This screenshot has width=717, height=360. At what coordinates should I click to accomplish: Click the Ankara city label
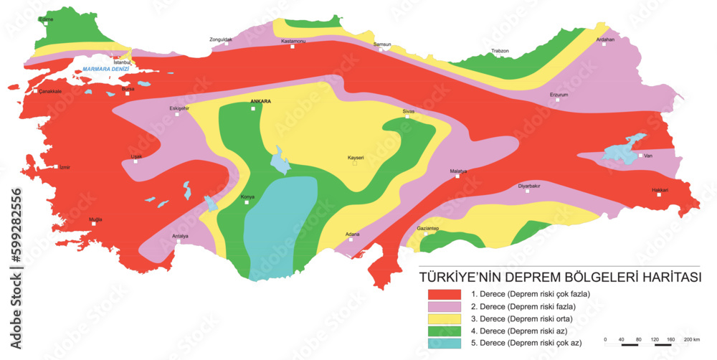tap(260, 102)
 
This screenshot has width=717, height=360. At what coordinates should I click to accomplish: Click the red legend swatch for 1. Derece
tap(445, 293)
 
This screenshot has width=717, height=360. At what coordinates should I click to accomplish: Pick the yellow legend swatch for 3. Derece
tap(445, 318)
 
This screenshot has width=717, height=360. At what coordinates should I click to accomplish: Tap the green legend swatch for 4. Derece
tap(445, 330)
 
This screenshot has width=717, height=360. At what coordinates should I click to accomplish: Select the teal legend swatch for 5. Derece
tap(445, 343)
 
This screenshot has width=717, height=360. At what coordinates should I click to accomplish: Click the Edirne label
tap(46, 18)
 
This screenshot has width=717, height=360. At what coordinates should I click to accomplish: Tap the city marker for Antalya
tap(178, 242)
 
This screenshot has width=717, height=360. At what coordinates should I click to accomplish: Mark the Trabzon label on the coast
tap(500, 51)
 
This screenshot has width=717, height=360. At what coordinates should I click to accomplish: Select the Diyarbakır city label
tap(528, 186)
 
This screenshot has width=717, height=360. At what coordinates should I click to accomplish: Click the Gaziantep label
tap(427, 228)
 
